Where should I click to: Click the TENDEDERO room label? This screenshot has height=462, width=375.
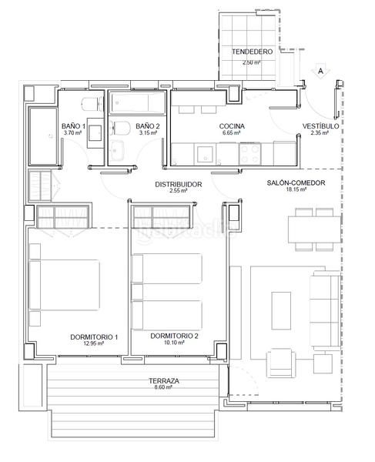252,52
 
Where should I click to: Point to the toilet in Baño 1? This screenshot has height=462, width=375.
90,105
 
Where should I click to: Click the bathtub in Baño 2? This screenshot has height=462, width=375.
136,102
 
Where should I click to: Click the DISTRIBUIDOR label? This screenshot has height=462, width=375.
178,184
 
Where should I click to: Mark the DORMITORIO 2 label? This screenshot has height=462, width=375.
174,336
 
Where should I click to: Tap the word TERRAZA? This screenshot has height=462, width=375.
165,381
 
